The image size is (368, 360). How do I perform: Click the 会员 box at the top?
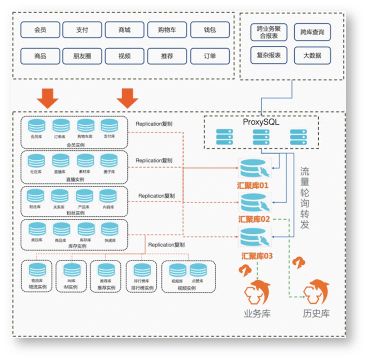point(40,30)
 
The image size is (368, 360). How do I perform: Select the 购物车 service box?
point(167,30)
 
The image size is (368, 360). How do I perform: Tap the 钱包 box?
point(210,30)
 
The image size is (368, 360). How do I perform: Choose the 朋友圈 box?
point(82,56)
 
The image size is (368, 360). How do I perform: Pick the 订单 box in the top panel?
point(210,56)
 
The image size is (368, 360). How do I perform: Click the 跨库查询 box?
point(312,32)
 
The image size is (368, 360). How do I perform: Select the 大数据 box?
point(312,56)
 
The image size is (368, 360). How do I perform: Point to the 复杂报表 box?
point(269,56)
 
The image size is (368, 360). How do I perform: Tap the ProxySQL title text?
point(261,122)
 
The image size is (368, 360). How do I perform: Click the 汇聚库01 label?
point(253,186)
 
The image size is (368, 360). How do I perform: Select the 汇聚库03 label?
point(257,256)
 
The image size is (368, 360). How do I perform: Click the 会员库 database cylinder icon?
point(36,126)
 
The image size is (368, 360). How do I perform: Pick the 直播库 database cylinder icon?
point(61,161)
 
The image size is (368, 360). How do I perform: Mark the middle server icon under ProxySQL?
point(261,137)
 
